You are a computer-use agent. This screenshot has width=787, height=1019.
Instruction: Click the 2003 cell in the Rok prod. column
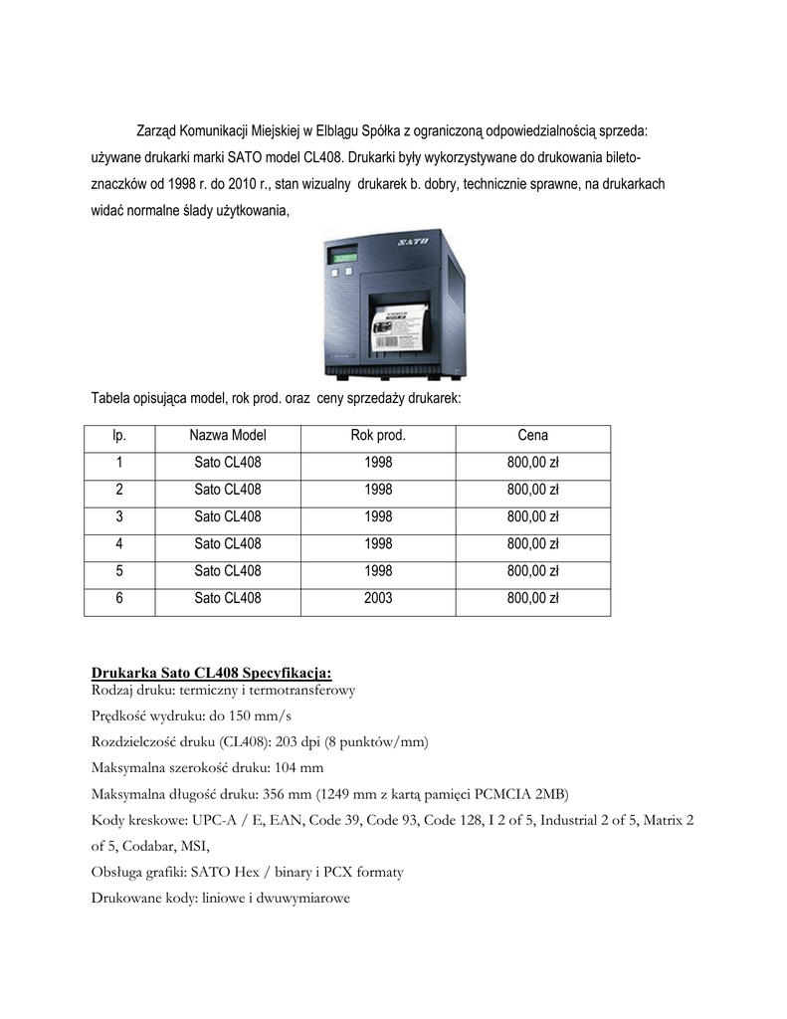coord(378,598)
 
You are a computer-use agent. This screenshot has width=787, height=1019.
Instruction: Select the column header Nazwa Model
coord(228,435)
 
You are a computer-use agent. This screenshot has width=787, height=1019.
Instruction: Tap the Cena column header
coord(533,435)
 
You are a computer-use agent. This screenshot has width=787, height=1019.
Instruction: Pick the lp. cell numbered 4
coord(119,543)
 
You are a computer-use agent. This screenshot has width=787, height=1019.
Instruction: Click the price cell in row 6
coord(533,598)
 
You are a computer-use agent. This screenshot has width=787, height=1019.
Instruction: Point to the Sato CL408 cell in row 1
coord(228,462)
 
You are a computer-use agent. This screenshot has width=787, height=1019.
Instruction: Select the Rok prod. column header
coord(378,435)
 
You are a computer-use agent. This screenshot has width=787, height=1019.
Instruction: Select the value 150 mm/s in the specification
coord(260,716)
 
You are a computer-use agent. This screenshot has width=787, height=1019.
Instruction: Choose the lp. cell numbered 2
coord(119,489)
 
